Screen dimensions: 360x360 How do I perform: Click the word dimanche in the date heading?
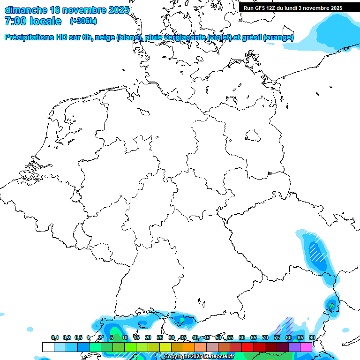[25, 10]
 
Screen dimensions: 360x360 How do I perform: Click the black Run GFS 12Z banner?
[293, 8]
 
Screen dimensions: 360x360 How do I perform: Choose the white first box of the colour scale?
[48, 347]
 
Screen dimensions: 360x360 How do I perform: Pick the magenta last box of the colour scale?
[306, 347]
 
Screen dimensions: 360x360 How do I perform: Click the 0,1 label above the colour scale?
[55, 338]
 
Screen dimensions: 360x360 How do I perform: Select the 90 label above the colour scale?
[312, 338]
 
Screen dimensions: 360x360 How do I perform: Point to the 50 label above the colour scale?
[218, 338]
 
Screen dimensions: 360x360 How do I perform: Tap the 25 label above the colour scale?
[160, 338]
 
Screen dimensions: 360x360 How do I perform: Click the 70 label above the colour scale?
[265, 338]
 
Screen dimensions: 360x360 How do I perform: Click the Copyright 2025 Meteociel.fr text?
[199, 357]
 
